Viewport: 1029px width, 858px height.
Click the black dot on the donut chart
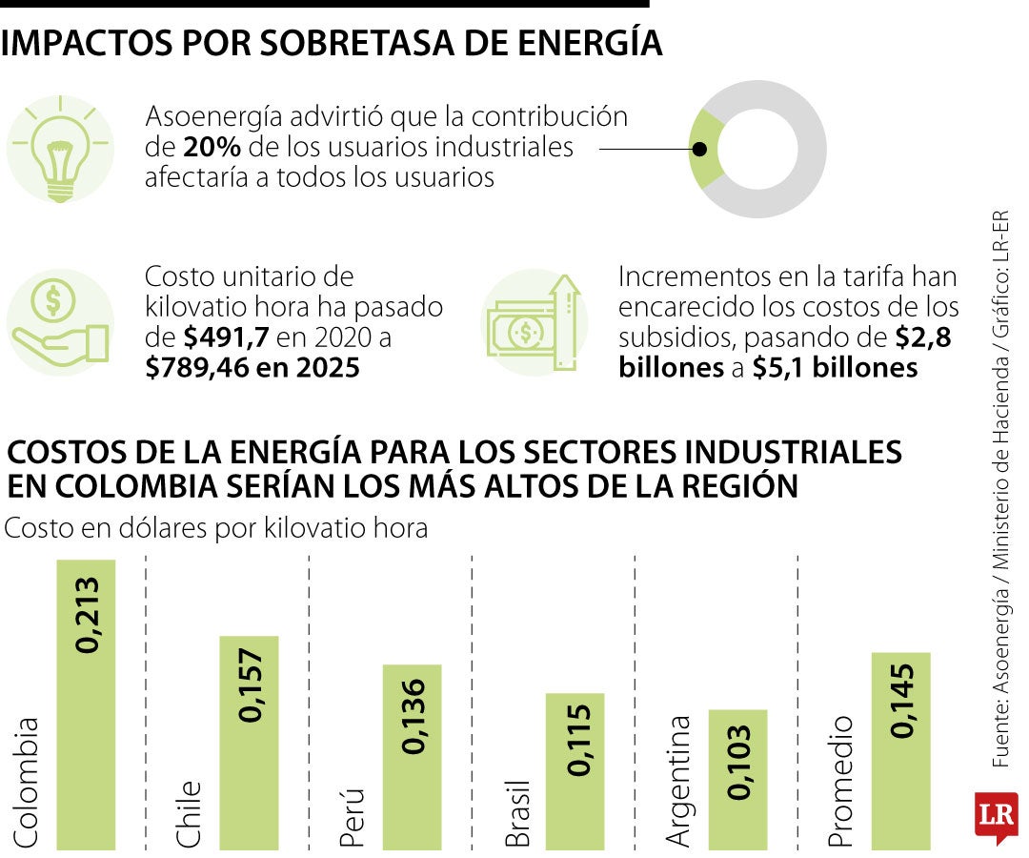(698, 150)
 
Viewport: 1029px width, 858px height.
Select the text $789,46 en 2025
(252, 368)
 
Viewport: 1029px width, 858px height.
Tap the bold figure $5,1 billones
(835, 368)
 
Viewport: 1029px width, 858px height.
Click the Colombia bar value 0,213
(87, 615)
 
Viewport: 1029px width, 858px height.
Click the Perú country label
(352, 817)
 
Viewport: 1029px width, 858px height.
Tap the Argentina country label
(677, 780)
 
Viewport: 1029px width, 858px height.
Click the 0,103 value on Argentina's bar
(737, 763)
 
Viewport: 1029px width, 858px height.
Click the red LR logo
(996, 817)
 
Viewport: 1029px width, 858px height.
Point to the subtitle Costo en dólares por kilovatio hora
(216, 529)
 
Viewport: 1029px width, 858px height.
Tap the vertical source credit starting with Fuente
(999, 496)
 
